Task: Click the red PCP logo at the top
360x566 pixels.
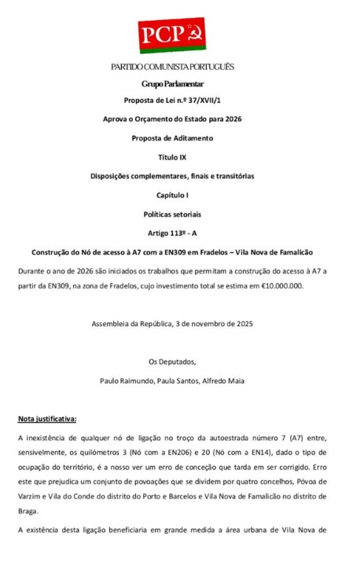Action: [172, 35]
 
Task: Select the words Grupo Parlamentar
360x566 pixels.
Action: [172, 83]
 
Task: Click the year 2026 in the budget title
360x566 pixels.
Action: [231, 119]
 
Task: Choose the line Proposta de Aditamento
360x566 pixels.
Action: [172, 138]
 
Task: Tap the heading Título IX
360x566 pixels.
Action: [172, 157]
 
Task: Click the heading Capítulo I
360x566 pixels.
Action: [172, 194]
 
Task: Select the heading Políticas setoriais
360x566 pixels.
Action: [172, 213]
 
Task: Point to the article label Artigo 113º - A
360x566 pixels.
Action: [172, 233]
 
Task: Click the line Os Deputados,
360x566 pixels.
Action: [172, 362]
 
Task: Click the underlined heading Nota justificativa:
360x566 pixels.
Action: [47, 419]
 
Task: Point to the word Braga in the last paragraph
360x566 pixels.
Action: [29, 509]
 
